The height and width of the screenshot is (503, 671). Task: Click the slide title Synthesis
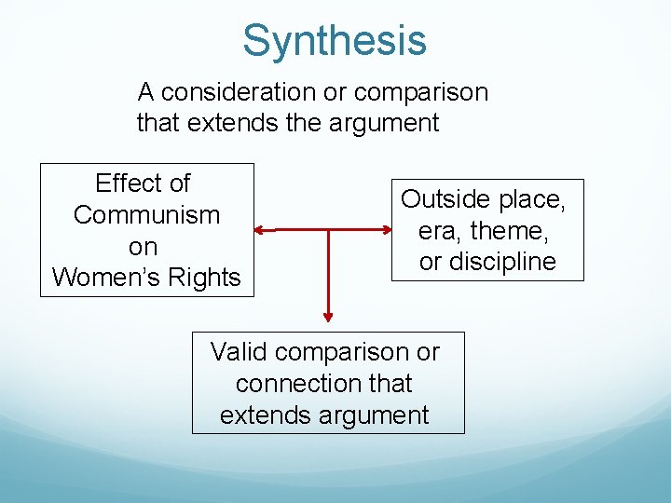pyautogui.click(x=335, y=41)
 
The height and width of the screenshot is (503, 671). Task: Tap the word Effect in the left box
pyautogui.click(x=131, y=184)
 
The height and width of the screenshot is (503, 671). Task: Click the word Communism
pyautogui.click(x=146, y=215)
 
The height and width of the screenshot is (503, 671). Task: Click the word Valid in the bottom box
pyautogui.click(x=239, y=352)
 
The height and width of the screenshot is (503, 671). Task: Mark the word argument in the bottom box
pyautogui.click(x=378, y=415)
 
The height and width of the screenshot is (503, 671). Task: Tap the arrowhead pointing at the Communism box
pyautogui.click(x=260, y=229)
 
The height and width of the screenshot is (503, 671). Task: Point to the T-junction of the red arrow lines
pyautogui.click(x=328, y=229)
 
